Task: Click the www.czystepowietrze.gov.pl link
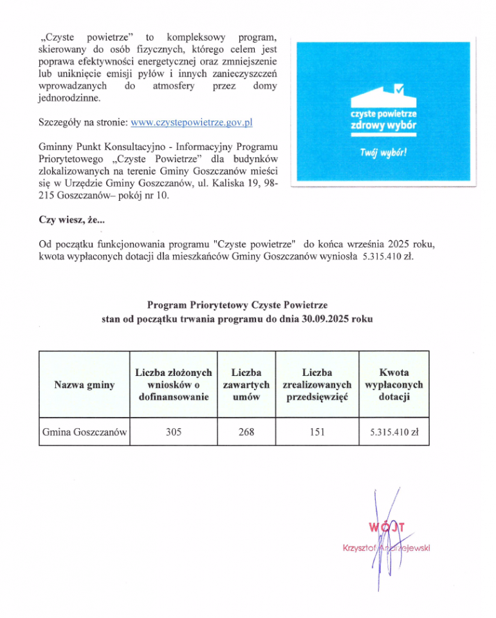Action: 191,122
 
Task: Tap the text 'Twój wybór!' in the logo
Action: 383,153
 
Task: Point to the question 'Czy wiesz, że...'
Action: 73,220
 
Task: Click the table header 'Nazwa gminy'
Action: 84,385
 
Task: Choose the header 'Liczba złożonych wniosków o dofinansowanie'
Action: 173,385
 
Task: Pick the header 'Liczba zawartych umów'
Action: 246,385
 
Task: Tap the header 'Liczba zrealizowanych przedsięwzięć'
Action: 317,385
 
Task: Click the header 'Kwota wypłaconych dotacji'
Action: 394,385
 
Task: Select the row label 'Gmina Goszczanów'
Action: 84,433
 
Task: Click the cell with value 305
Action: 173,433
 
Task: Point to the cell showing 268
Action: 246,433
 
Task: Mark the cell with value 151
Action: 317,433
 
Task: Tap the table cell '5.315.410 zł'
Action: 394,433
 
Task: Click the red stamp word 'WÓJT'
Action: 387,528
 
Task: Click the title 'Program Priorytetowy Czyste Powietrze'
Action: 237,304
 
